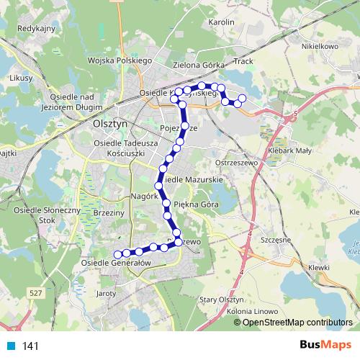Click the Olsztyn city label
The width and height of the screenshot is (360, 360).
point(110,123)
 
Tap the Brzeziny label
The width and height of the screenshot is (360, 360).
point(109,213)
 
